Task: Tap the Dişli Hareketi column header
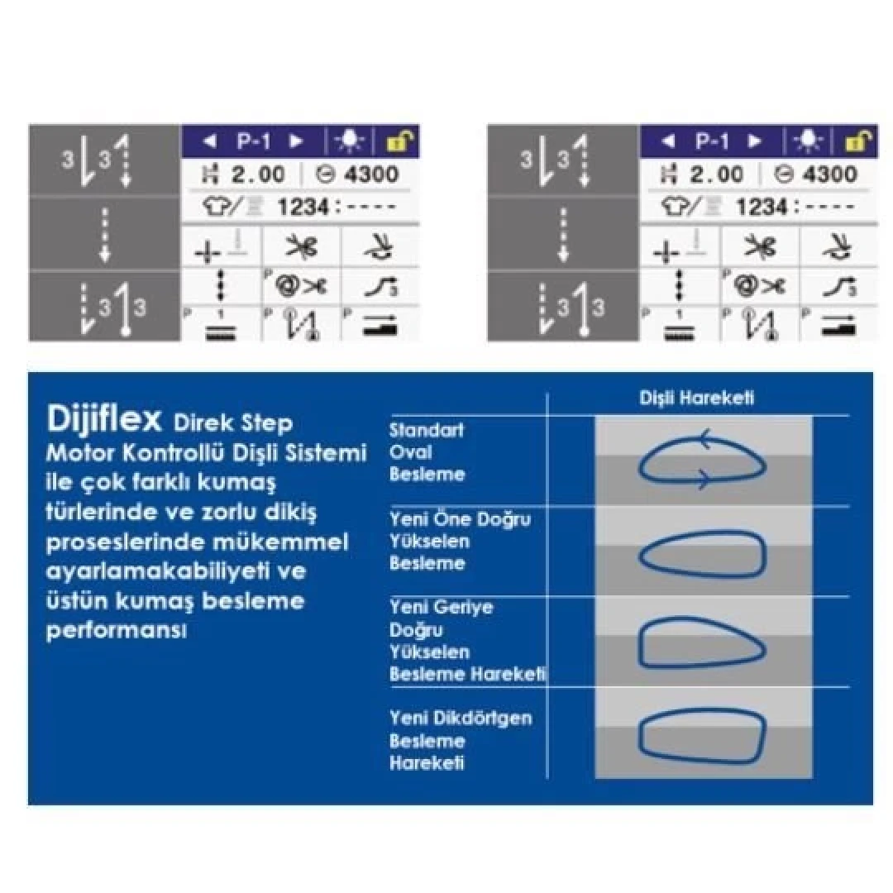696,398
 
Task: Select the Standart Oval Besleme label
427,452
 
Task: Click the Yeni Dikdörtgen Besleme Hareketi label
461,740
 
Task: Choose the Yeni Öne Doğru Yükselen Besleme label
460,541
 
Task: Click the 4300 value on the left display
370,174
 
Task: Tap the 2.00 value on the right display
716,174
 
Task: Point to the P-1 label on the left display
254,141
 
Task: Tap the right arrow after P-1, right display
755,141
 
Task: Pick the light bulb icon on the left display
349,141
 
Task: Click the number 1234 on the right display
762,207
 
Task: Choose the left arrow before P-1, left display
209,141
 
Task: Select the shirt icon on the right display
675,206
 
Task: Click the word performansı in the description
117,631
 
